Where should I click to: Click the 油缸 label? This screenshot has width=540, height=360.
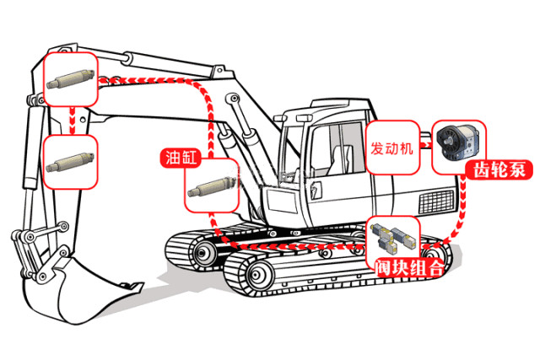pos(177,157)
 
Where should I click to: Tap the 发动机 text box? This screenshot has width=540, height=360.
pos(392,148)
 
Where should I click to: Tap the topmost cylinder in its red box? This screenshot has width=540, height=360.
pos(71,80)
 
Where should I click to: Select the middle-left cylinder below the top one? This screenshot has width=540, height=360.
pos(71,160)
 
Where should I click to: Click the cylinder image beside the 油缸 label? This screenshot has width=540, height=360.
pos(210,185)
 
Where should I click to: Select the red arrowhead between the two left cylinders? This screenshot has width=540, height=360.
pos(71,127)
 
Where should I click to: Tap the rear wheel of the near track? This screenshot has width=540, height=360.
pos(431,256)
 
